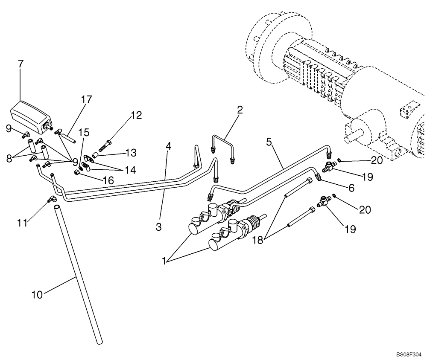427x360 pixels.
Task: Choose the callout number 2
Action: [x=240, y=110]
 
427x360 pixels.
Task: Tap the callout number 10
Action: [x=37, y=295]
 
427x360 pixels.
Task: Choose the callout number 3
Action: [x=158, y=227]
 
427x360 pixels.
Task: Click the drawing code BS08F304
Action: [x=408, y=354]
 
